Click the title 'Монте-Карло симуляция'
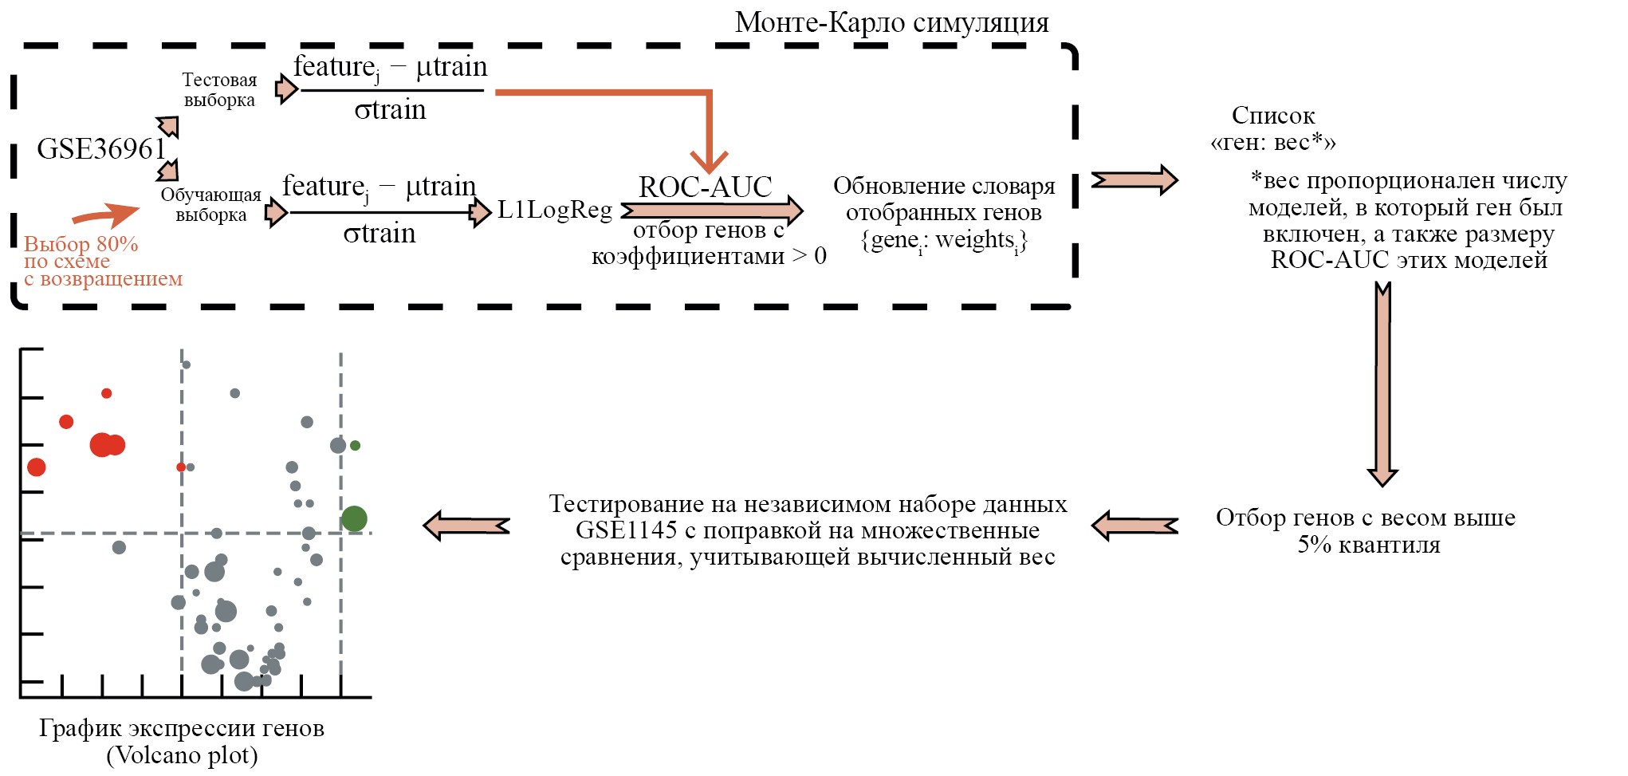click(x=891, y=22)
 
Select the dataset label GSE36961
click(x=100, y=149)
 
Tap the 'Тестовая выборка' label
click(x=219, y=90)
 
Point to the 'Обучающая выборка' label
click(x=210, y=205)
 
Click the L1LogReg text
click(x=555, y=210)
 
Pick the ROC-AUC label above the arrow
click(x=706, y=187)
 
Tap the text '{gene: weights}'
click(x=944, y=241)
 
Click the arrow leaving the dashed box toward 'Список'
click(x=1134, y=180)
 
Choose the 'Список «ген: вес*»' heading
click(x=1273, y=128)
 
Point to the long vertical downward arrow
click(x=1383, y=383)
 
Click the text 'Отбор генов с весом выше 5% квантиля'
click(x=1366, y=531)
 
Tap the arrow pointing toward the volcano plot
click(x=466, y=526)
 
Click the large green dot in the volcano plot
click(x=354, y=519)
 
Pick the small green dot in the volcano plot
click(x=356, y=446)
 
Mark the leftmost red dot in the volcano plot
click(x=36, y=467)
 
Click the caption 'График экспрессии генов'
click(x=182, y=728)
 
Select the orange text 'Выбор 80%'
click(x=81, y=244)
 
